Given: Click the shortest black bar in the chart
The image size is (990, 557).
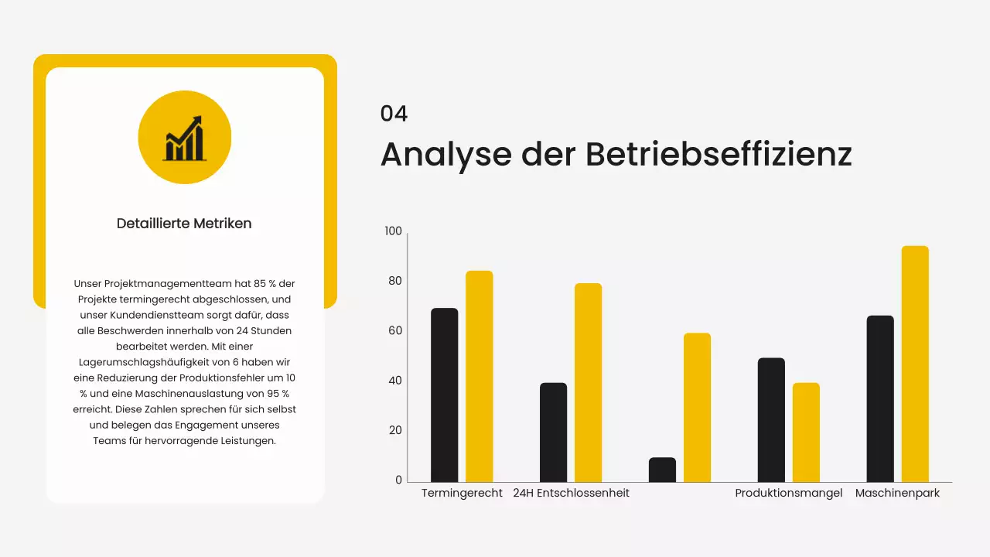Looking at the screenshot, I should (662, 470).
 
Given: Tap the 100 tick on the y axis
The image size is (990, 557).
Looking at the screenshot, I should (394, 231).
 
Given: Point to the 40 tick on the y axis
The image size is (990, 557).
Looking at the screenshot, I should (395, 381).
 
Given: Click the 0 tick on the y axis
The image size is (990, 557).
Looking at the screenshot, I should (399, 480).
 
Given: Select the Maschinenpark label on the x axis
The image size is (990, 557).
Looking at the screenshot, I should (897, 493).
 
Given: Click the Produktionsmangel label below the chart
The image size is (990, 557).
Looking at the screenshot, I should (788, 493).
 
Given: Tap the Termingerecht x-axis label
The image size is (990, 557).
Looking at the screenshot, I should (462, 493).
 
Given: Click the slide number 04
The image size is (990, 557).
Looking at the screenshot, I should (394, 114).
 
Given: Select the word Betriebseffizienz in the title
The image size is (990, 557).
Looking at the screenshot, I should (719, 154).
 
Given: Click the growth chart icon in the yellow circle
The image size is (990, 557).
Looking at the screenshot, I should (184, 138).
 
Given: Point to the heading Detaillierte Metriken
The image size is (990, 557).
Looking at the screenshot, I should (184, 224).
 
